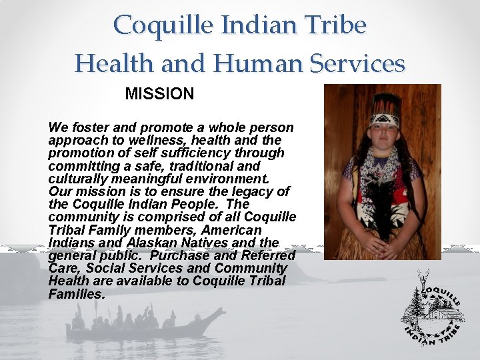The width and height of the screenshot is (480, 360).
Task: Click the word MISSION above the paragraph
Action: tap(159, 94)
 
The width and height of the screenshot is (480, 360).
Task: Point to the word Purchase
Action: tap(179, 255)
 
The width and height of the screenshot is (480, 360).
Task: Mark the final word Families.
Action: tap(77, 293)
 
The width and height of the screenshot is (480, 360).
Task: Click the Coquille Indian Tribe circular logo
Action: tap(433, 310)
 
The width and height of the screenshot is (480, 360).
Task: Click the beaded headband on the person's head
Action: tap(386, 119)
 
